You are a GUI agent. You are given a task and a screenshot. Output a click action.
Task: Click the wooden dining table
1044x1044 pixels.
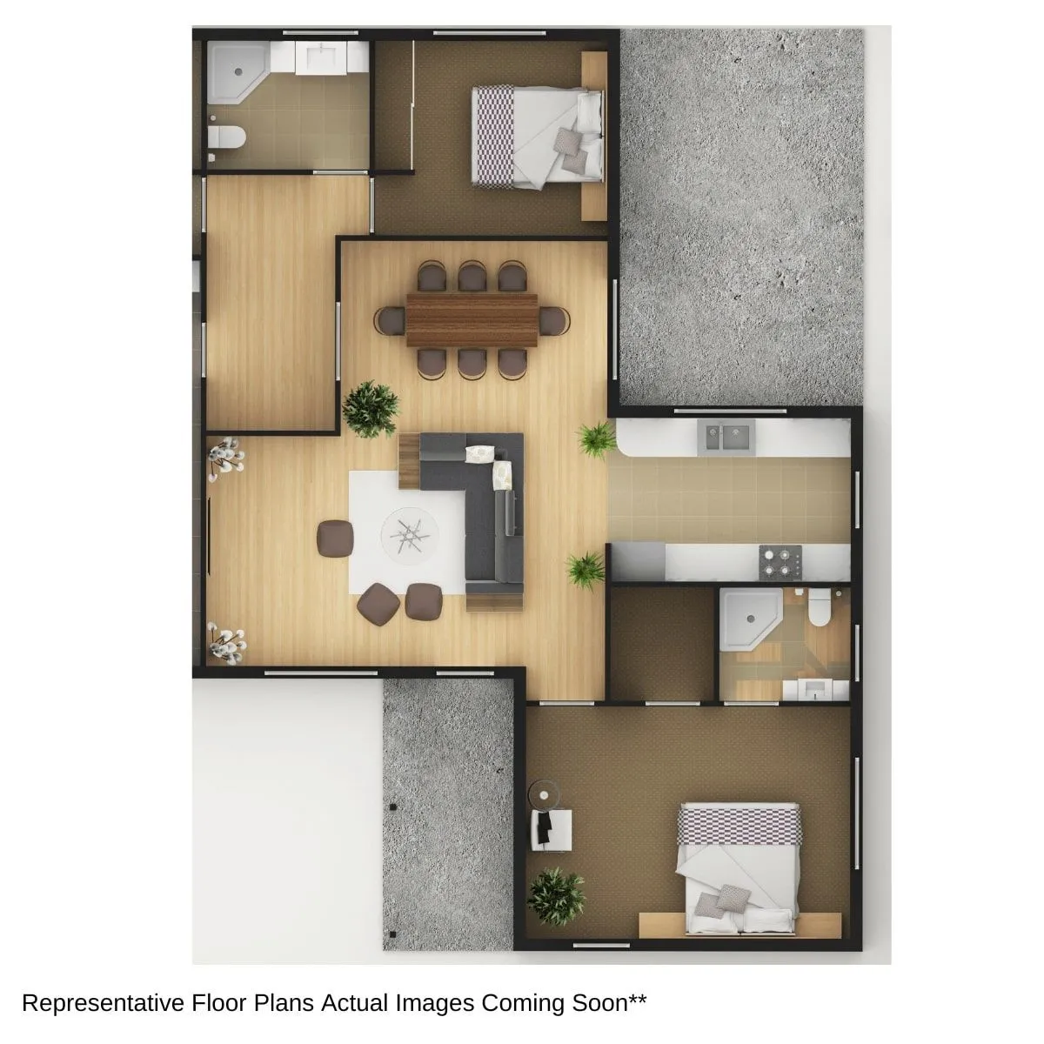(x=472, y=319)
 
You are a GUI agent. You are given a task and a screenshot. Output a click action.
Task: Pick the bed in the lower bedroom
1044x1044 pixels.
(x=738, y=867)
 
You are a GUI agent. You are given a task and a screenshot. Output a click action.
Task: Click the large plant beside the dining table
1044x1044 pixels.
(x=370, y=408)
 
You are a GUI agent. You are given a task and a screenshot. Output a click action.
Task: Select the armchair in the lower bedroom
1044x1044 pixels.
(x=552, y=828)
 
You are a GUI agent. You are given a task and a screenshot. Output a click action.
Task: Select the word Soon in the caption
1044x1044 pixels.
(x=602, y=1002)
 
